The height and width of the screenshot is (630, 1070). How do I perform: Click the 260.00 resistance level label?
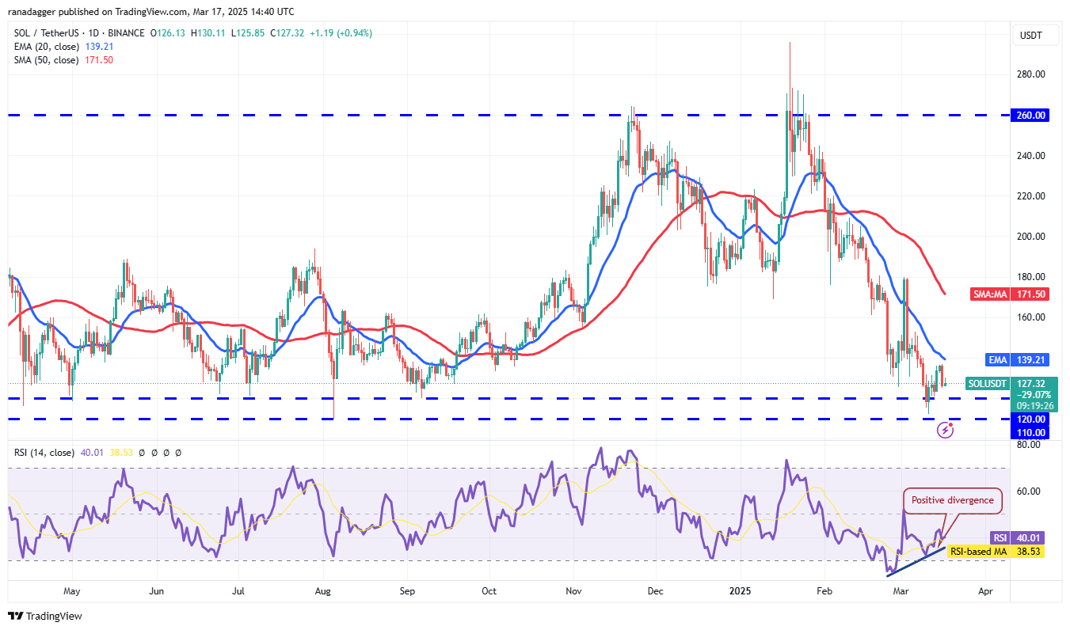(1031, 115)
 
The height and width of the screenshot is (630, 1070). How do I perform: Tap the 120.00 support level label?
(1031, 419)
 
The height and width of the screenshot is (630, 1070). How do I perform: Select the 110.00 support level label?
(1031, 433)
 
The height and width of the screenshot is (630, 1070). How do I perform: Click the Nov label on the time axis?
(574, 590)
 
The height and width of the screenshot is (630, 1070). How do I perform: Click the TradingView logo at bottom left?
(45, 616)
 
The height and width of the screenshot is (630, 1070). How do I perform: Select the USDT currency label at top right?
(1031, 36)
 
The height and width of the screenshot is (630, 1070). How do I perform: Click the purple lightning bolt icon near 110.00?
(945, 430)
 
